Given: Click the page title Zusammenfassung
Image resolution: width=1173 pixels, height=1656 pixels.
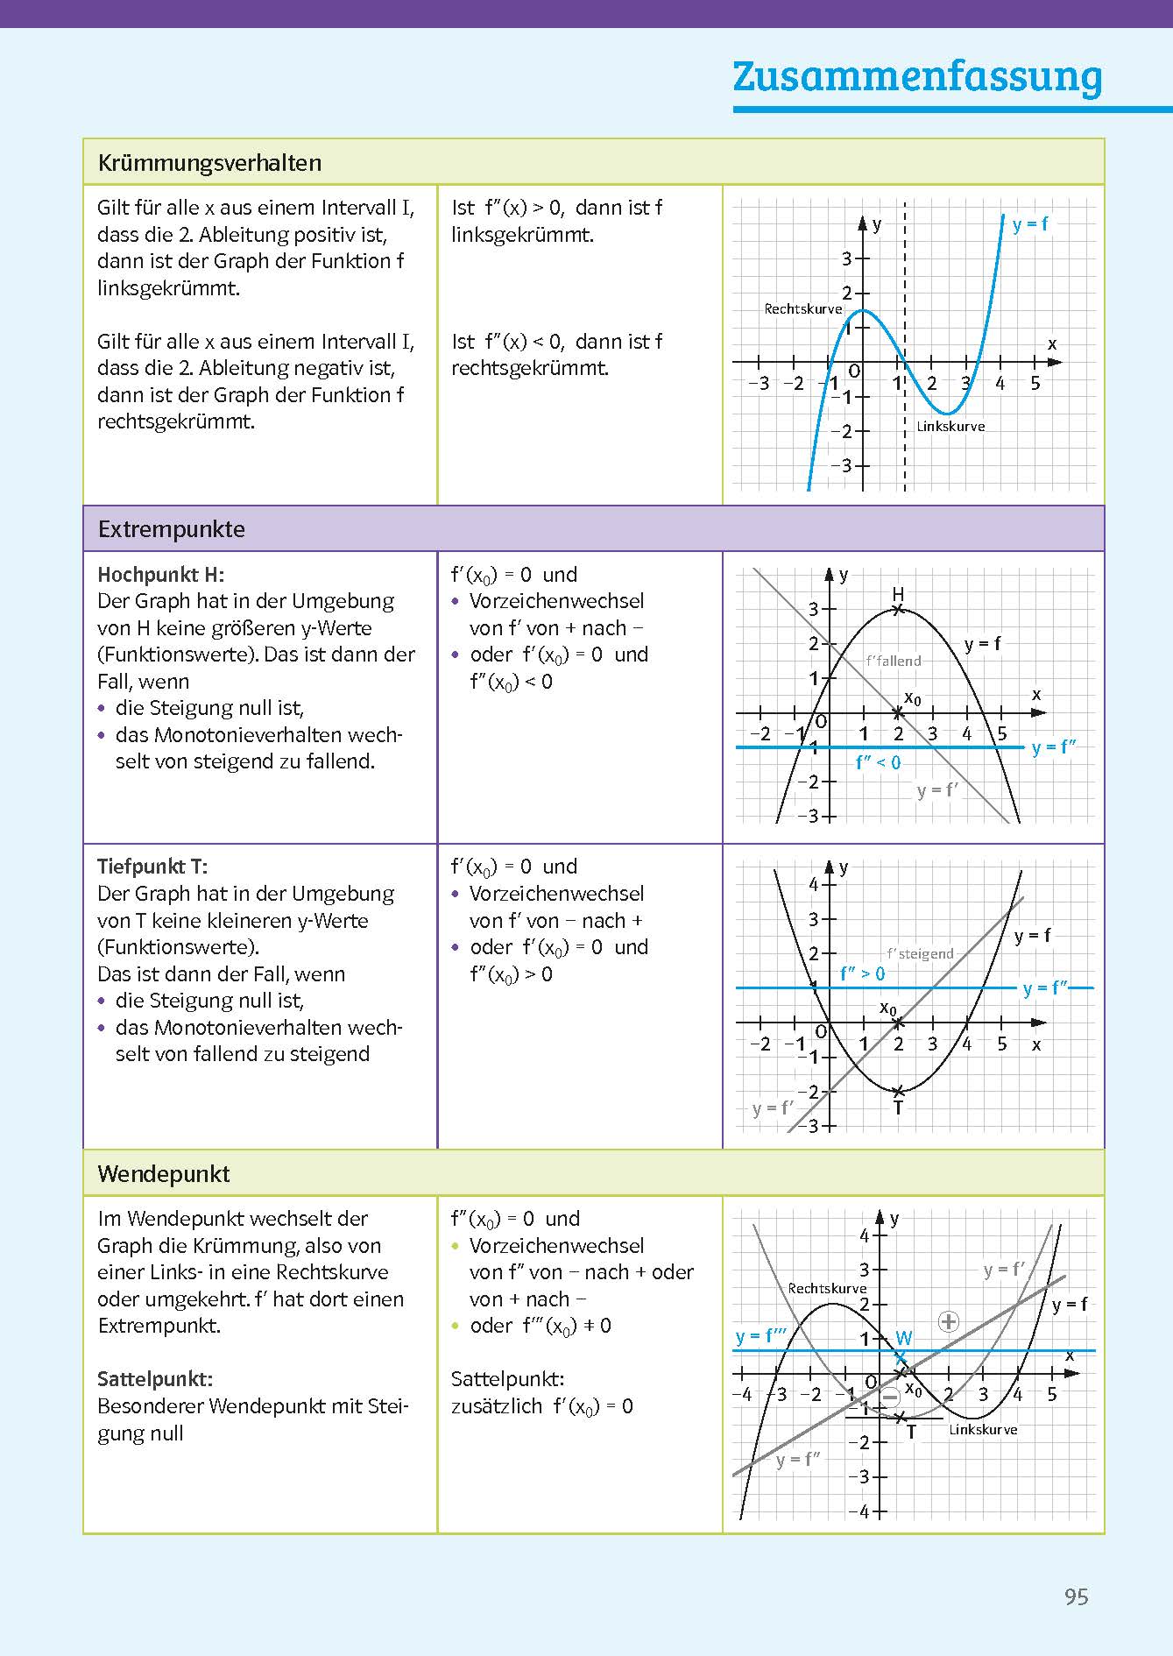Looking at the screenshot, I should coord(917,77).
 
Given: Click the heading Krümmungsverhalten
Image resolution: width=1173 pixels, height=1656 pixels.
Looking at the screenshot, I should coord(209,163).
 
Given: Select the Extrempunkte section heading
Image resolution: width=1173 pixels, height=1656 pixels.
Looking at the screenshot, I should coord(172,529).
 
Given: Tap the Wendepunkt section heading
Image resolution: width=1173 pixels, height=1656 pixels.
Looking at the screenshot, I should coord(164,1174).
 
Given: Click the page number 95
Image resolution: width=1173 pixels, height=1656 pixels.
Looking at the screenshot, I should coord(1076,1596).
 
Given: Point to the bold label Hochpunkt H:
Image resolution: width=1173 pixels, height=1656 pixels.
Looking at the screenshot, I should coord(161,575).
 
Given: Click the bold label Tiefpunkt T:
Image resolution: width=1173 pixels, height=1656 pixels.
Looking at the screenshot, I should coord(152,867).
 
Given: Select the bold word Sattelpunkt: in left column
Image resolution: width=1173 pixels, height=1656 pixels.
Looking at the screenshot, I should coord(155,1379).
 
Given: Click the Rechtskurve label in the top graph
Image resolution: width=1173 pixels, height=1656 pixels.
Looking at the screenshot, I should coord(802,308).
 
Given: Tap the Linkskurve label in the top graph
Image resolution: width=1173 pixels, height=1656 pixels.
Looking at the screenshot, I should coord(950,427).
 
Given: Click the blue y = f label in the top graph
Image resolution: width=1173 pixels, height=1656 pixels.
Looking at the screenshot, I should coord(1030,224).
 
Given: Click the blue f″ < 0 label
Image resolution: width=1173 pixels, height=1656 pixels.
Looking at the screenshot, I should coord(878,763).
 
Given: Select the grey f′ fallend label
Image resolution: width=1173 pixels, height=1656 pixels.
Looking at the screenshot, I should coord(893,662).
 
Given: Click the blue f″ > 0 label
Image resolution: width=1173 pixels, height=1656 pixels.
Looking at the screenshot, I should coord(862,973).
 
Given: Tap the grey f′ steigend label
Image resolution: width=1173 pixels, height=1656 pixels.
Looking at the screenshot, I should coord(920,954).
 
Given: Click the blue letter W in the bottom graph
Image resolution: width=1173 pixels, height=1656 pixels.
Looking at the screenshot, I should coord(904,1338).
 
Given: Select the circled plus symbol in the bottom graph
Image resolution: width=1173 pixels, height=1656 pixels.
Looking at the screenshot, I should coord(949,1321).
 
